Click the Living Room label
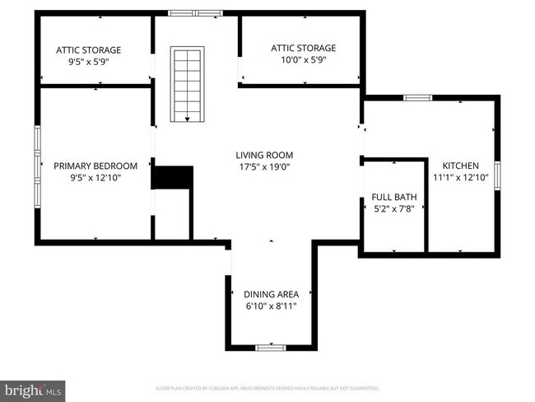pyautogui.click(x=264, y=155)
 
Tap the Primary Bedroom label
pyautogui.click(x=95, y=166)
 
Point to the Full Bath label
pyautogui.click(x=394, y=197)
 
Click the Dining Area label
pyautogui.click(x=271, y=294)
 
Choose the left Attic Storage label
pyautogui.click(x=88, y=50)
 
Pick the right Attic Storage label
pyautogui.click(x=304, y=48)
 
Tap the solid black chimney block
pyautogui.click(x=172, y=178)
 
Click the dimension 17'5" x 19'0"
pyautogui.click(x=264, y=167)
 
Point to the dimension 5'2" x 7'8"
pyautogui.click(x=394, y=209)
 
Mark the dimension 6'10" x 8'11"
pyautogui.click(x=271, y=306)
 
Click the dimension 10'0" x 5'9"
pyautogui.click(x=304, y=60)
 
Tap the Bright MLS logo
pyautogui.click(x=33, y=387)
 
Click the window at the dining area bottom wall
pyautogui.click(x=270, y=348)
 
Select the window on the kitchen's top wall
pyautogui.click(x=417, y=97)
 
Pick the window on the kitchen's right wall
pyautogui.click(x=497, y=177)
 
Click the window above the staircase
pyautogui.click(x=195, y=12)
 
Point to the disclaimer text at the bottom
pyautogui.click(x=267, y=387)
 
